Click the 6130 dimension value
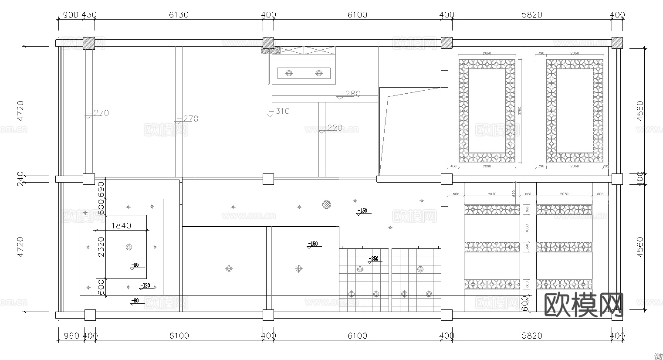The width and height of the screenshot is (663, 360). click(x=179, y=15)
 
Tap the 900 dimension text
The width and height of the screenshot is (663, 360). click(x=71, y=15)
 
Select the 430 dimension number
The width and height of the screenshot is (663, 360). click(x=89, y=15)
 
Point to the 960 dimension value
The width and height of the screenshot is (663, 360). click(x=71, y=336)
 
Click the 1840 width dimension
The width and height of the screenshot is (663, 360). click(x=121, y=225)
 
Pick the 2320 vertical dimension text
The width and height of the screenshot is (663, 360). click(x=101, y=247)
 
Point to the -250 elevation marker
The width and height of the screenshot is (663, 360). click(x=373, y=259)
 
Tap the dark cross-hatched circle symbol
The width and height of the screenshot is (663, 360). click(x=326, y=204)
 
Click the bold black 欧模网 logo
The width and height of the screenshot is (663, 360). click(x=584, y=304)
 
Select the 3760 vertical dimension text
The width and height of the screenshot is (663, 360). click(x=520, y=111)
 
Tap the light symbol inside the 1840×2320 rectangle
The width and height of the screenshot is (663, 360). click(x=129, y=248)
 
